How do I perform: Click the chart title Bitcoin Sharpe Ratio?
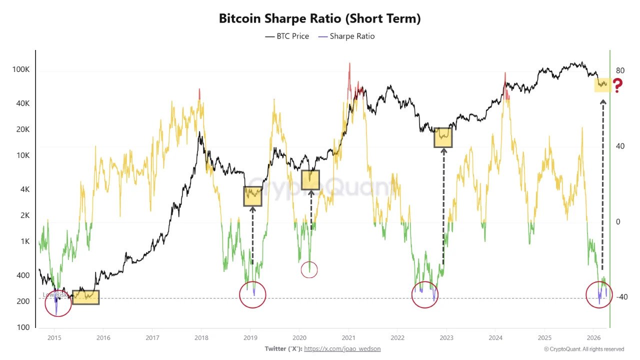[x=320, y=19]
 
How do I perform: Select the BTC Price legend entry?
[x=287, y=36]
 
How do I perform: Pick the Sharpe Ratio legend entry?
[x=346, y=36]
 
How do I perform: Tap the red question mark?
[x=617, y=86]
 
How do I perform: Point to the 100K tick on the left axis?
[x=21, y=69]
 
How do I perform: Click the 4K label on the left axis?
[x=23, y=189]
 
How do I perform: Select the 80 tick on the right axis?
[x=620, y=70]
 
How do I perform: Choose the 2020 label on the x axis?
[x=299, y=337]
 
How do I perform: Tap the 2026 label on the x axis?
[x=593, y=337]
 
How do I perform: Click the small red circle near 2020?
[x=309, y=270]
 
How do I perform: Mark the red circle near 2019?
[x=252, y=294]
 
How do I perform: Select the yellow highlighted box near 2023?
[x=443, y=137]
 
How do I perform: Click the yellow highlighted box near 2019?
[x=253, y=196]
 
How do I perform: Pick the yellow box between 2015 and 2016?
[x=85, y=297]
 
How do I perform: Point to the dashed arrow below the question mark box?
[x=602, y=185]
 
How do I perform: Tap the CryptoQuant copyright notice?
[x=583, y=349]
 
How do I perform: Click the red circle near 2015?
[x=58, y=303]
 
